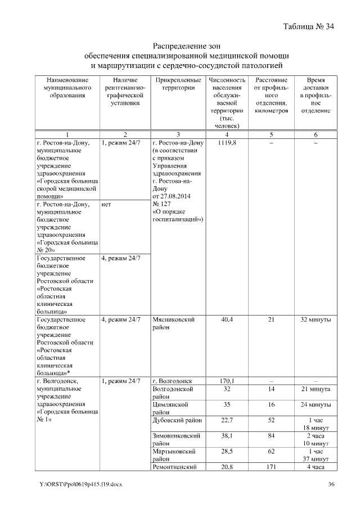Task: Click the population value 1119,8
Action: [227, 144]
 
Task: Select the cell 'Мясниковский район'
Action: [174, 323]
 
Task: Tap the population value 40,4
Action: [227, 320]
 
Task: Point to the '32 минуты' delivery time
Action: [316, 320]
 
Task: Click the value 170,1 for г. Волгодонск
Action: [227, 381]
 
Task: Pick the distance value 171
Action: [272, 467]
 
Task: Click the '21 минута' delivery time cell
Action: [316, 389]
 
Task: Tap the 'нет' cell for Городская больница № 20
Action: [107, 205]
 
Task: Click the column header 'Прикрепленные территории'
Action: [178, 84]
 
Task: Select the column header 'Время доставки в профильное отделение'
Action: [316, 96]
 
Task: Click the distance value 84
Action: [272, 435]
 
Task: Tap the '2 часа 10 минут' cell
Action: [316, 439]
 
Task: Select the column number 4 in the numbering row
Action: [227, 134]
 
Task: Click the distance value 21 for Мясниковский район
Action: [272, 320]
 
